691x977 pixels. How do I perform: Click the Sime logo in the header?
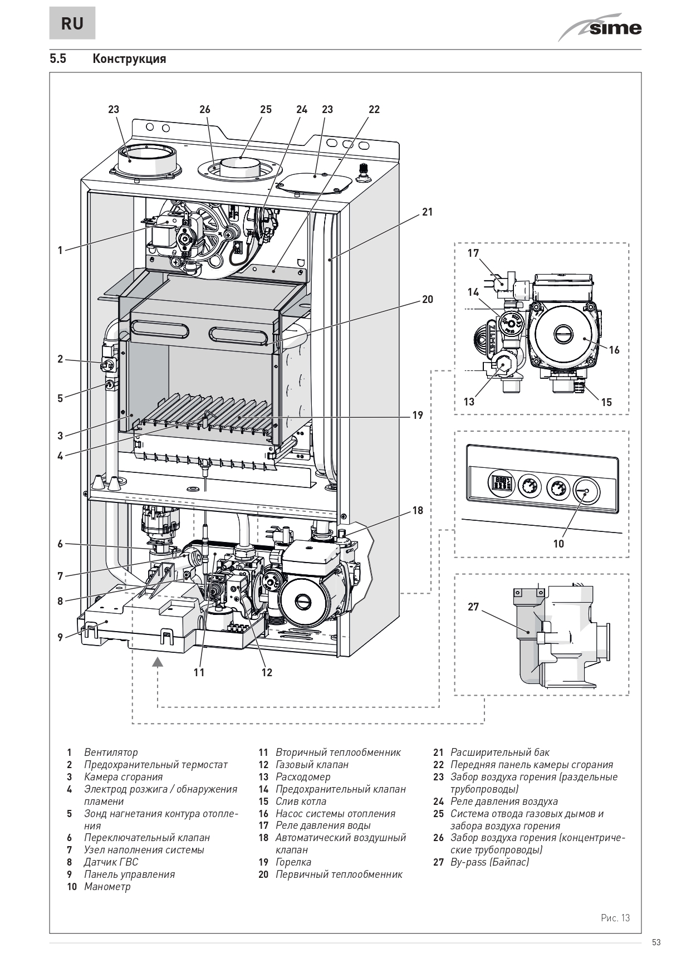tap(601, 28)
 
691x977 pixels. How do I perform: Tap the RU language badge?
tap(72, 24)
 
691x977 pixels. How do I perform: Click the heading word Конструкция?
tap(129, 58)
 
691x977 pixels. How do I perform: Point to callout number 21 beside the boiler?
tap(427, 212)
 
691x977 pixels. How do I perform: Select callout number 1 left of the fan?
tap(60, 250)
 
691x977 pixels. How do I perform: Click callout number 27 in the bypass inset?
tap(473, 607)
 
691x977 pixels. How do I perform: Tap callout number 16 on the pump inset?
tap(614, 350)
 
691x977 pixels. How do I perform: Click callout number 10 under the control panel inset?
tap(558, 544)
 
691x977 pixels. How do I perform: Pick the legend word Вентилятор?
tap(111, 753)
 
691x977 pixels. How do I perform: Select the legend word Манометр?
tap(107, 886)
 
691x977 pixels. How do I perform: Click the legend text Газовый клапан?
tap(312, 765)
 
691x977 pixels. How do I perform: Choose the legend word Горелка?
tap(293, 862)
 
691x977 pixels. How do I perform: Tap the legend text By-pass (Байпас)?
tap(489, 862)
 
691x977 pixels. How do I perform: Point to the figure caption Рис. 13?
tap(615, 918)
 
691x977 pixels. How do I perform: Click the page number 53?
tap(656, 942)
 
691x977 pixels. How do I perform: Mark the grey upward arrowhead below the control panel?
tap(158, 662)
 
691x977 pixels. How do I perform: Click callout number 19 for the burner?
tap(418, 415)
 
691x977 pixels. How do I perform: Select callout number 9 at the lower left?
tap(60, 637)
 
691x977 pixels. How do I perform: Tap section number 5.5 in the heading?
tap(58, 58)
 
